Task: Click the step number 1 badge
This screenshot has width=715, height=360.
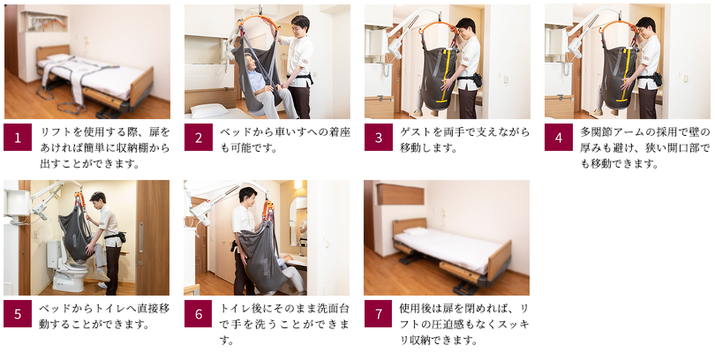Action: pos(18,137)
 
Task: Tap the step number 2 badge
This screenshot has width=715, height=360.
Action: pos(199,137)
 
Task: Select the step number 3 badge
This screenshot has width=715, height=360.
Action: pos(379,137)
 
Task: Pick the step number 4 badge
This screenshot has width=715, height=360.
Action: pos(559,137)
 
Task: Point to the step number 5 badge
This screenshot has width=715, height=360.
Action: pos(18,314)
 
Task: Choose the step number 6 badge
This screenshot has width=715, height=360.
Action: pos(198,314)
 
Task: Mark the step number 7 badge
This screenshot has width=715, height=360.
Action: pos(378,314)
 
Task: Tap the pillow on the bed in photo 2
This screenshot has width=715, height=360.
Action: pos(209,111)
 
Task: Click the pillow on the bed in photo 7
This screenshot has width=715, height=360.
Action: pos(414,230)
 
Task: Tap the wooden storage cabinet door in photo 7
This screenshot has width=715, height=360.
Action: pos(401,195)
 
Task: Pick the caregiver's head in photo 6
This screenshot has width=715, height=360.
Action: pos(248,197)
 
